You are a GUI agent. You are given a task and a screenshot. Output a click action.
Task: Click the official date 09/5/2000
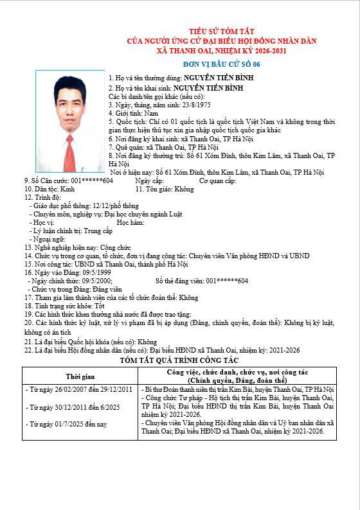94,281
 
